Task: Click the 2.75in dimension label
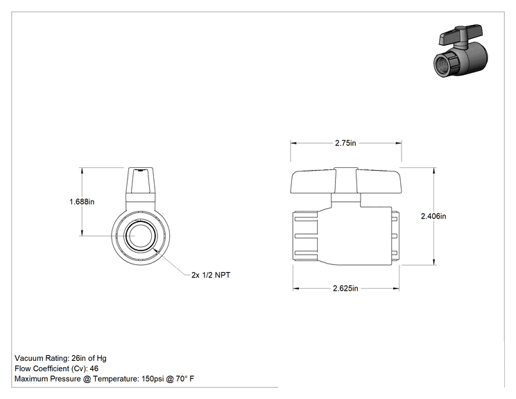[345, 143]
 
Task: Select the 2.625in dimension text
[345, 289]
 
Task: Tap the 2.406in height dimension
[433, 217]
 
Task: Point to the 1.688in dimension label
[82, 201]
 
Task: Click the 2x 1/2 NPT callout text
[211, 275]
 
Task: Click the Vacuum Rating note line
[60, 358]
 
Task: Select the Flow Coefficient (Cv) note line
[57, 368]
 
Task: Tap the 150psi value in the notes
[153, 379]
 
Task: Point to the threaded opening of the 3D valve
[442, 65]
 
